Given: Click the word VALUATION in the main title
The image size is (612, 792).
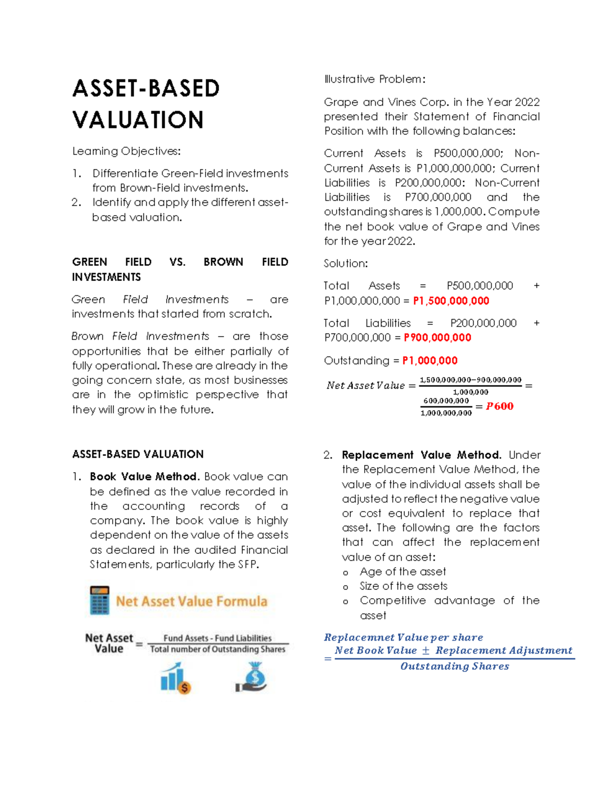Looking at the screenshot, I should [138, 120].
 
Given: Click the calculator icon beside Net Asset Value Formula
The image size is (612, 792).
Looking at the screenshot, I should [99, 600].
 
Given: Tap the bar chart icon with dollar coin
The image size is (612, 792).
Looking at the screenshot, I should [175, 678].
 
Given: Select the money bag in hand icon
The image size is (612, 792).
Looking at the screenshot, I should [252, 677].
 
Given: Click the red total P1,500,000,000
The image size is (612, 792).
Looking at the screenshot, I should [451, 301].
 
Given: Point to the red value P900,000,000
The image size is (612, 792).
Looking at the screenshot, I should [437, 338].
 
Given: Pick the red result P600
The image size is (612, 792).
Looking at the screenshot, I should [499, 406].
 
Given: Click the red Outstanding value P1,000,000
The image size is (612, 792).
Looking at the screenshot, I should [429, 361].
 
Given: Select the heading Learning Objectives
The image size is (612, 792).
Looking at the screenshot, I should [126, 151].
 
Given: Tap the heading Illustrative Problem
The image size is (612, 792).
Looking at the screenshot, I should [374, 80].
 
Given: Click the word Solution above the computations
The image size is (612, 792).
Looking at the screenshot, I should [345, 264].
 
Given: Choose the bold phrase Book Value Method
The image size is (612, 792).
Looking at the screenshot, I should [143, 477].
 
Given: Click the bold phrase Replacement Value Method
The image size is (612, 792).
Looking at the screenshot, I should [421, 455].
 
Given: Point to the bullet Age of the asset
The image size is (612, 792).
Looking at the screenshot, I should [402, 572].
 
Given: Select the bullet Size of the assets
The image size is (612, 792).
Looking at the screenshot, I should [403, 586].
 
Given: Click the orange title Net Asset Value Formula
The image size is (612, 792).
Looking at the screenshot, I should [191, 601].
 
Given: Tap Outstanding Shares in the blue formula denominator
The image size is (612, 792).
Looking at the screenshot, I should [454, 667].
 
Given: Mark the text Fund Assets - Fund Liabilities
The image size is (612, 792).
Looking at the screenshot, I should [217, 638].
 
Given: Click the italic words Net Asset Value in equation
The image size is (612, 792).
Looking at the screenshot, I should [366, 386].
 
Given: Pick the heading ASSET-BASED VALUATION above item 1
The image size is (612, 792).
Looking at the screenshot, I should [138, 454].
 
